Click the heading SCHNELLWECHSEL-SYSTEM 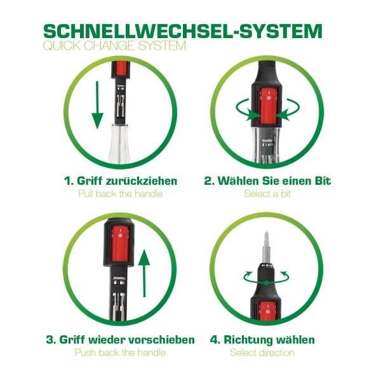[182, 30]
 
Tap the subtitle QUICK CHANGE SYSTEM [114, 46]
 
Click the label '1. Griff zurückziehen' [120, 181]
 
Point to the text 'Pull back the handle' [120, 194]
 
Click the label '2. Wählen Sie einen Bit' [267, 181]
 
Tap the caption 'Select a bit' [267, 194]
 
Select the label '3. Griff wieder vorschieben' [120, 340]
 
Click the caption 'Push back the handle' [120, 352]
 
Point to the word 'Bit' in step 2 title [322, 181]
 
